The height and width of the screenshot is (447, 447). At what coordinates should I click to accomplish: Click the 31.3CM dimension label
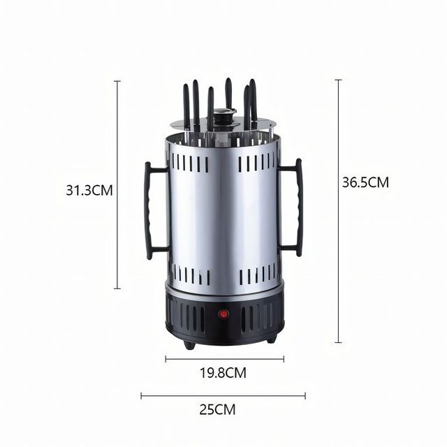[89, 190]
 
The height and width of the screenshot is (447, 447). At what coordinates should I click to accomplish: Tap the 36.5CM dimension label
[365, 182]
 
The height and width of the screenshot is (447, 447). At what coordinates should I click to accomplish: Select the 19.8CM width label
[225, 373]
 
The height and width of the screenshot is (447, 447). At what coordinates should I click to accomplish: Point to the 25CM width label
[217, 409]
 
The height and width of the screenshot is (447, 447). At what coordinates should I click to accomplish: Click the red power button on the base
[225, 314]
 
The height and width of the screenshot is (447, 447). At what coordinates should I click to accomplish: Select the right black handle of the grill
[295, 207]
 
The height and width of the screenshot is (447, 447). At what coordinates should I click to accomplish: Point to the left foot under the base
[189, 344]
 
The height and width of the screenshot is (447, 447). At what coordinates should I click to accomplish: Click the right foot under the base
[270, 339]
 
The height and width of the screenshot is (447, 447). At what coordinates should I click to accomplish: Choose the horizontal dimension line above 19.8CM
[224, 359]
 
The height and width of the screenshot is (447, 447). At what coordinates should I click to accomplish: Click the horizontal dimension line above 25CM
[223, 395]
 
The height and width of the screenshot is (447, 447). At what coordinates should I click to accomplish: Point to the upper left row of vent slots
[189, 163]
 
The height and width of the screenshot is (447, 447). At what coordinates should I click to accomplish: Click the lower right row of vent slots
[258, 275]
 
